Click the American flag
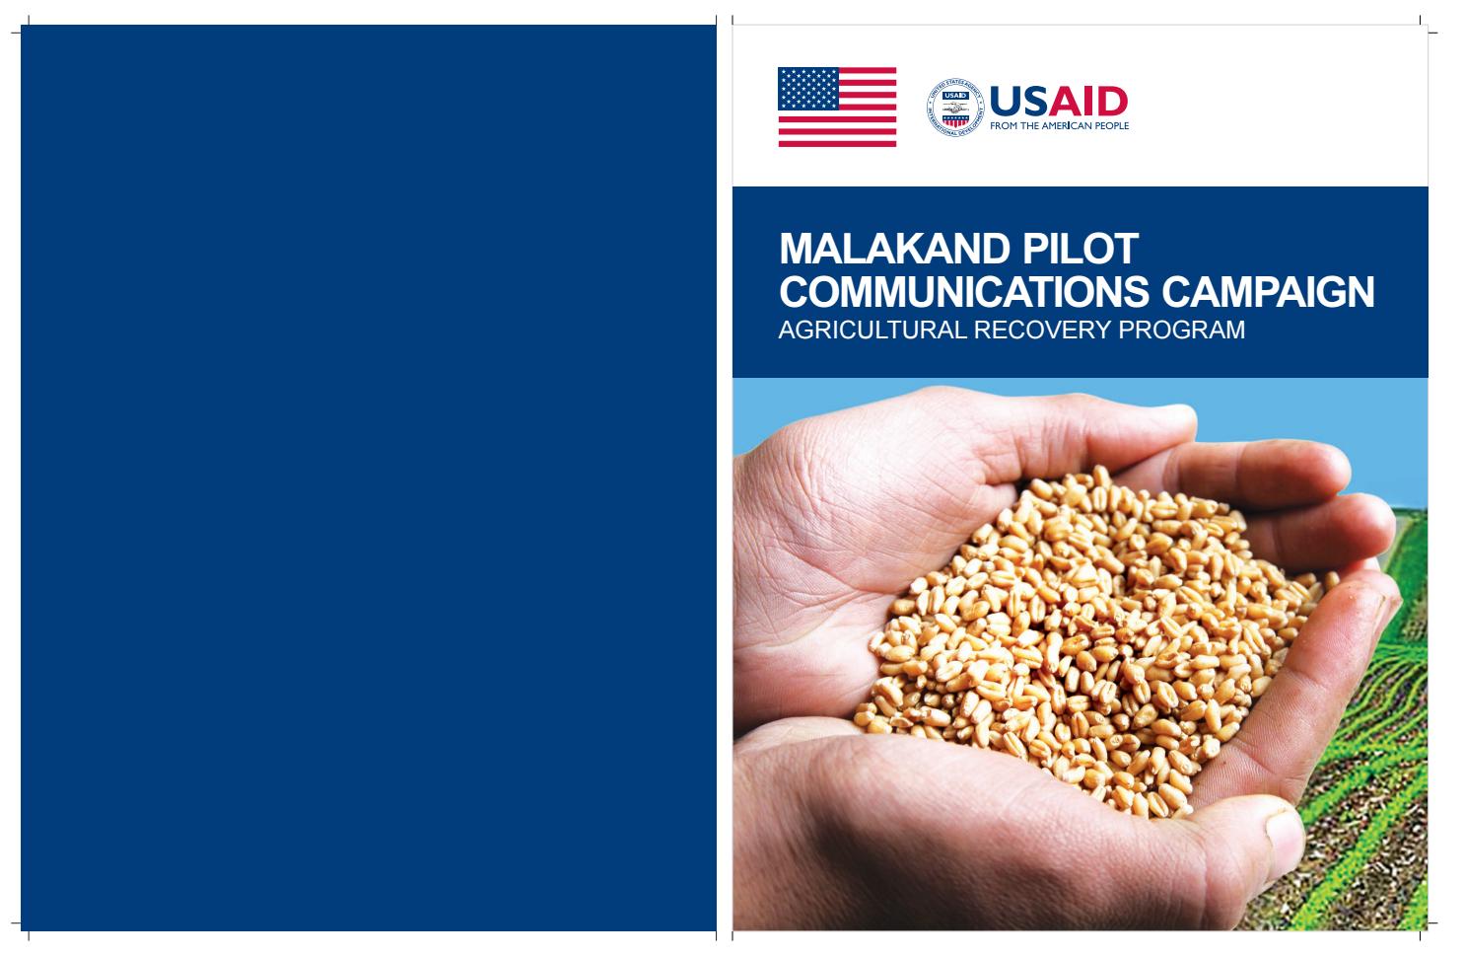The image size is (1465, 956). coord(836,107)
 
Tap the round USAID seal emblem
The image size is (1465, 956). coord(954,108)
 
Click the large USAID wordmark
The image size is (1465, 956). coord(1059,101)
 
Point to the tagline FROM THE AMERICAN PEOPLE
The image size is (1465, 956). coord(1059,125)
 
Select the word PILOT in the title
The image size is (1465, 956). coord(1081,249)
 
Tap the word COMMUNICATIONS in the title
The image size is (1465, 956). coord(964,291)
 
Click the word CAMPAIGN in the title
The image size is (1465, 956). coord(1268,291)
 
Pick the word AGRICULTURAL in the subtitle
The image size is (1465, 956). coord(872,330)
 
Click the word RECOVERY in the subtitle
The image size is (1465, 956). coord(1042,330)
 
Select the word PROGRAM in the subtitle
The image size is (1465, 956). coord(1182,330)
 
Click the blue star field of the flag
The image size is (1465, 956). coord(807,89)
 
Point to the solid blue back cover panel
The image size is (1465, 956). coord(368,478)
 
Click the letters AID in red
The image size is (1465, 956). coord(1088,101)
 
